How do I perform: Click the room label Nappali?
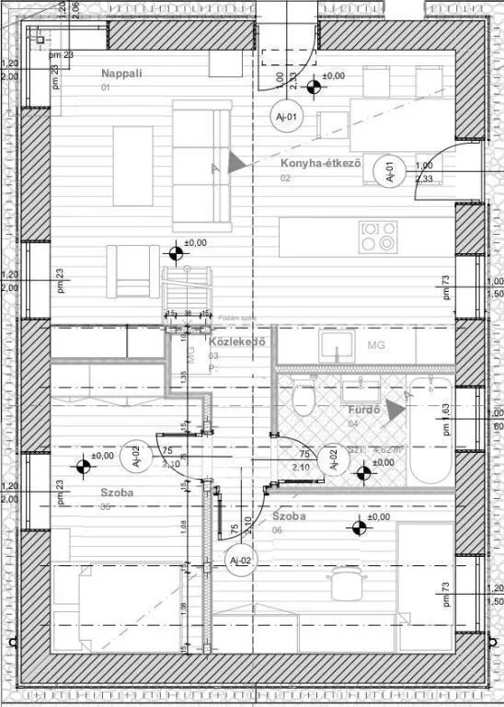click(121, 73)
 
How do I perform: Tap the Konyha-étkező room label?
click(320, 164)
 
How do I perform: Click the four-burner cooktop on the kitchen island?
click(378, 237)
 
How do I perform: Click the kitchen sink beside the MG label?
click(338, 345)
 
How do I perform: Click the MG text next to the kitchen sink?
click(375, 345)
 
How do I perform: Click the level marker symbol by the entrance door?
click(315, 87)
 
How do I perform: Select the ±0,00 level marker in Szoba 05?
click(84, 466)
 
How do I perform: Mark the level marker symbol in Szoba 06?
click(358, 527)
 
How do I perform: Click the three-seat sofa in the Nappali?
click(201, 166)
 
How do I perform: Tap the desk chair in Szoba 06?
click(346, 581)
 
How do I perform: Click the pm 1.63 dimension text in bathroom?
click(445, 419)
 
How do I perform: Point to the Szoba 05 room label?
click(118, 493)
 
